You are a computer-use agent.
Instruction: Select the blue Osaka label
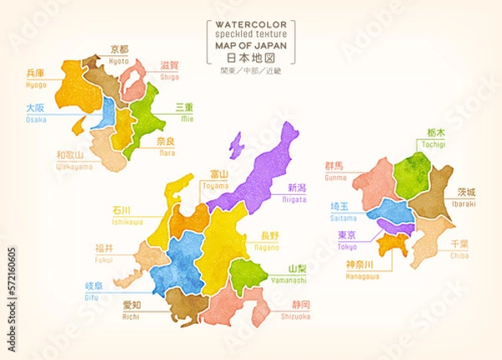pyautogui.click(x=35, y=113)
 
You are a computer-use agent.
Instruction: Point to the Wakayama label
pyautogui.click(x=74, y=161)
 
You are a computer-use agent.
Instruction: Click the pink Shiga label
pyautogui.click(x=170, y=71)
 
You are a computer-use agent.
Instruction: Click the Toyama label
pyautogui.click(x=220, y=178)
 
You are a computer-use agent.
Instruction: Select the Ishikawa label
pyautogui.click(x=127, y=216)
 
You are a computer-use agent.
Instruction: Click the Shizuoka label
pyautogui.click(x=296, y=310)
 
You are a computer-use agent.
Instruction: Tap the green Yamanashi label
pyautogui.click(x=298, y=273)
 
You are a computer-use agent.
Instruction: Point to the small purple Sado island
pyautogui.click(x=238, y=143)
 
